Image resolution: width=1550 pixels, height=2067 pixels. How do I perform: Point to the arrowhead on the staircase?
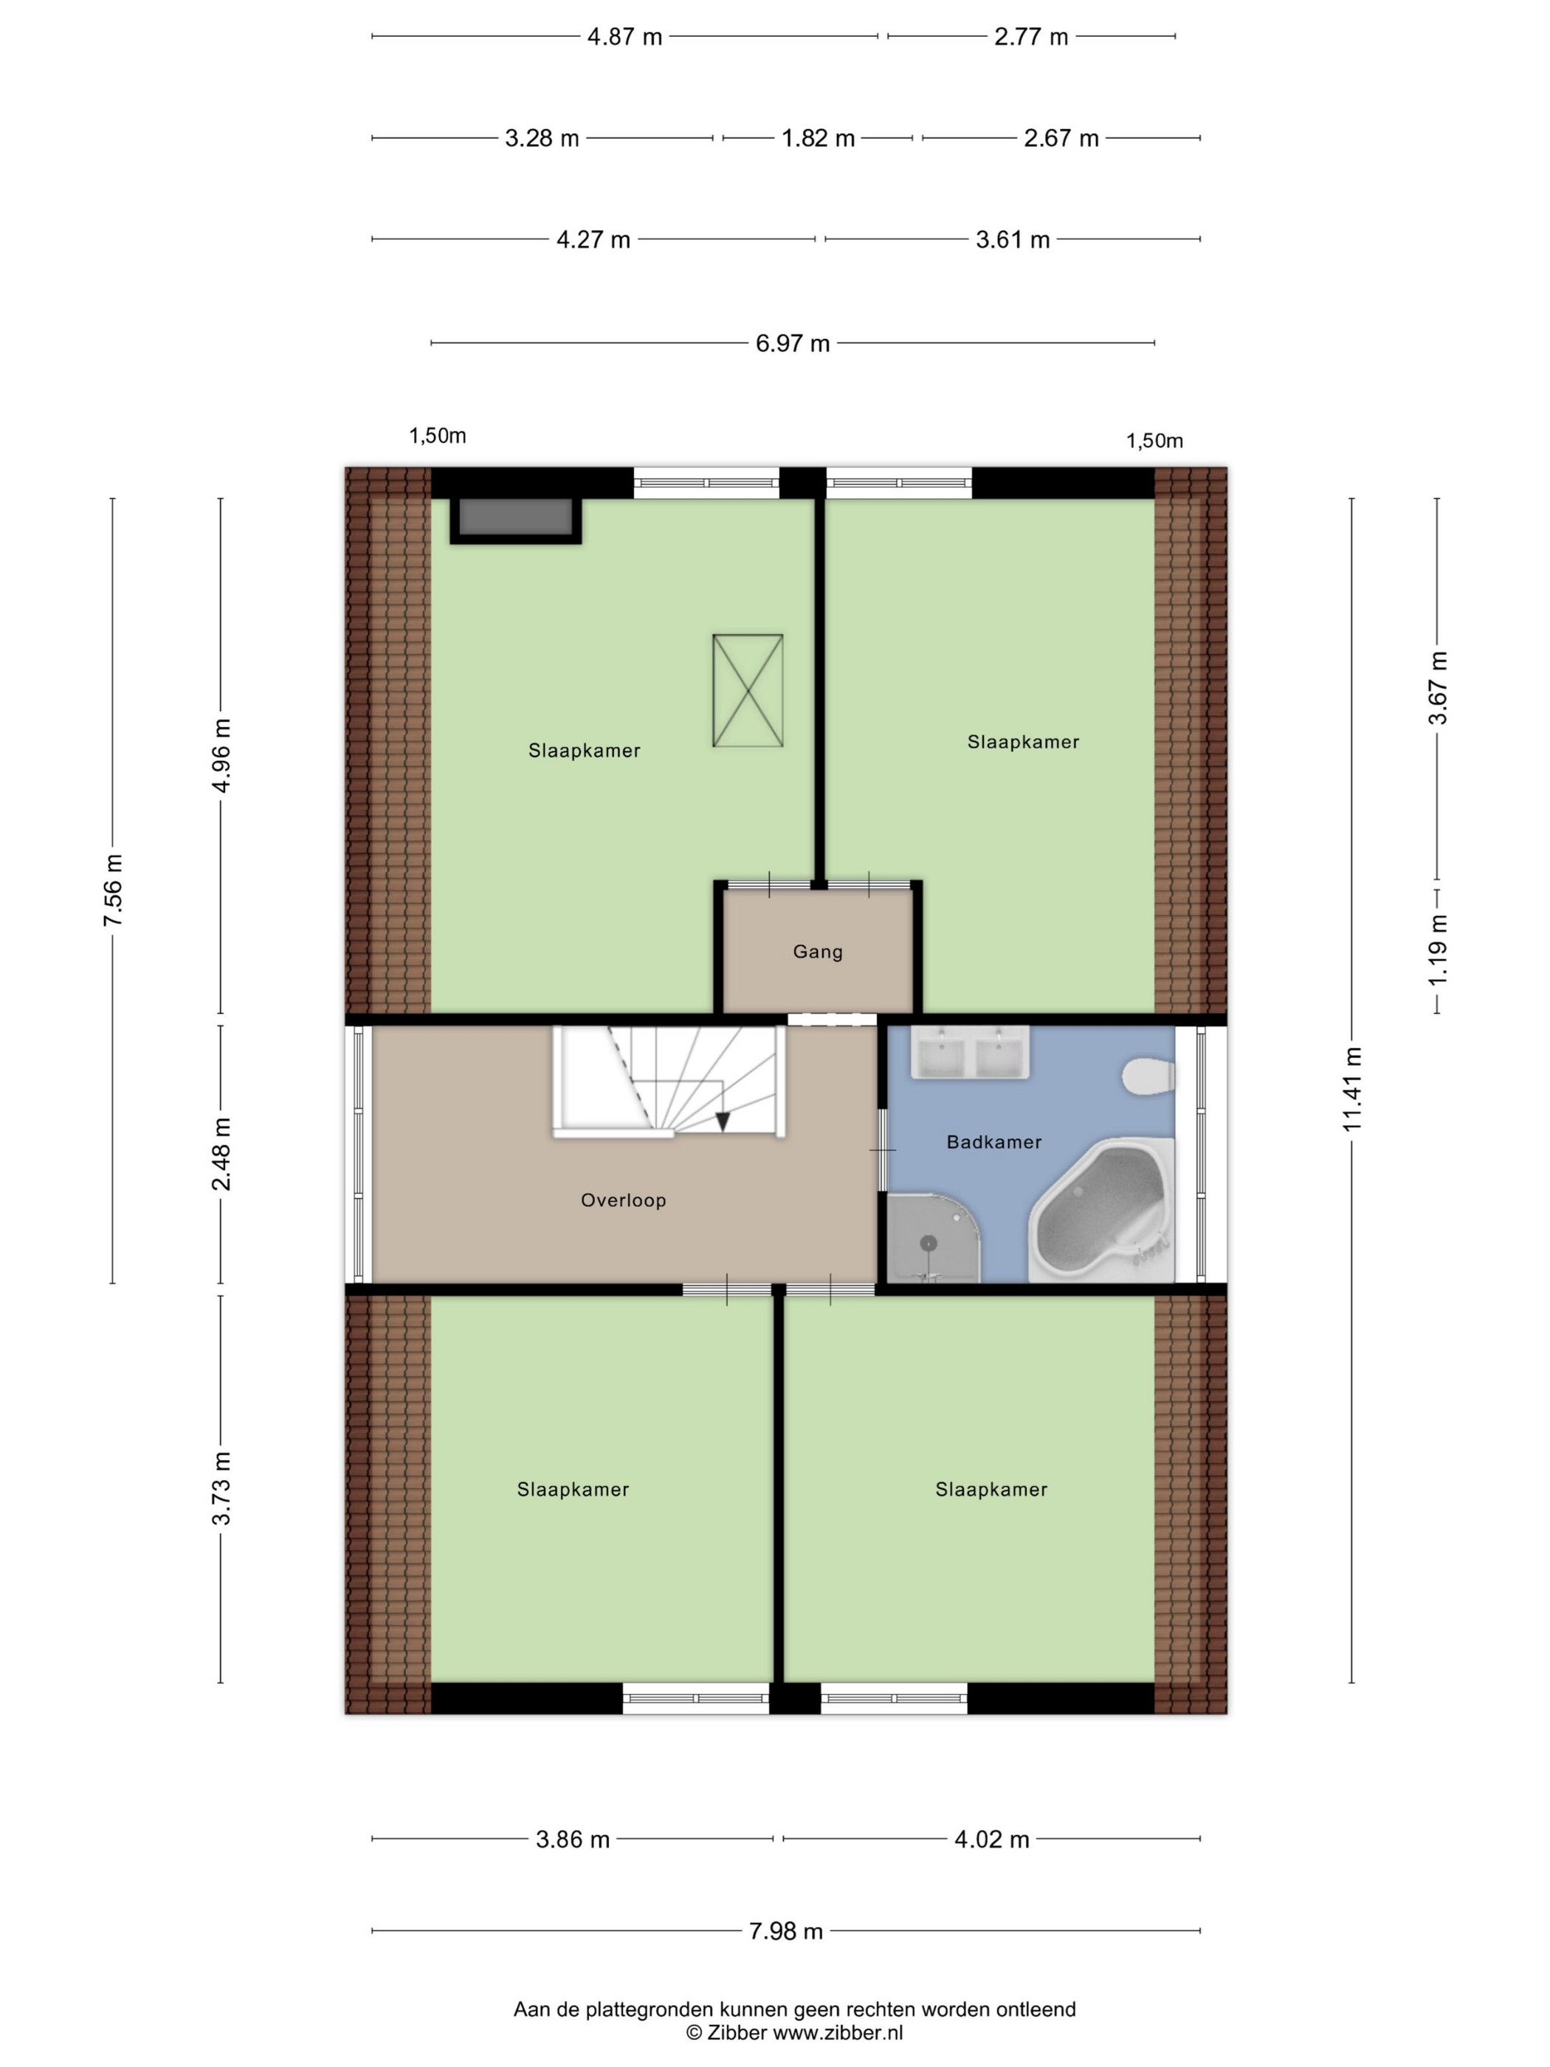tap(722, 1121)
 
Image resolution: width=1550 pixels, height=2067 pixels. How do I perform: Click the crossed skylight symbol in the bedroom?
tap(748, 690)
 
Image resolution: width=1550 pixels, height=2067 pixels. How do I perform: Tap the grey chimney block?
tap(514, 519)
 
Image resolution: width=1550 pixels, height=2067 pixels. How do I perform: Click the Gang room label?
tap(818, 952)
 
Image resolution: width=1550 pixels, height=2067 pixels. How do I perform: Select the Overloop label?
tap(623, 1200)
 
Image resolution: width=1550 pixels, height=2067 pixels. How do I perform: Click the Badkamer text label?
tap(993, 1141)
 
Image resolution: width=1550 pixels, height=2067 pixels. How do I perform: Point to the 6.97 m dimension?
tap(792, 343)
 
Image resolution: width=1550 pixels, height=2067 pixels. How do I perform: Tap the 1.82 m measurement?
tap(818, 138)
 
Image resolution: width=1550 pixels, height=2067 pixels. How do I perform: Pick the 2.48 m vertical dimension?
tap(221, 1154)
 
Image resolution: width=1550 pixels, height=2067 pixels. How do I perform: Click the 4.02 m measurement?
tap(991, 1840)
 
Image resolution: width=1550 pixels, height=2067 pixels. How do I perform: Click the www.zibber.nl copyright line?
tap(794, 2032)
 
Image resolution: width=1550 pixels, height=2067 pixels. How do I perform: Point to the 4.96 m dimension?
tap(221, 755)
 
